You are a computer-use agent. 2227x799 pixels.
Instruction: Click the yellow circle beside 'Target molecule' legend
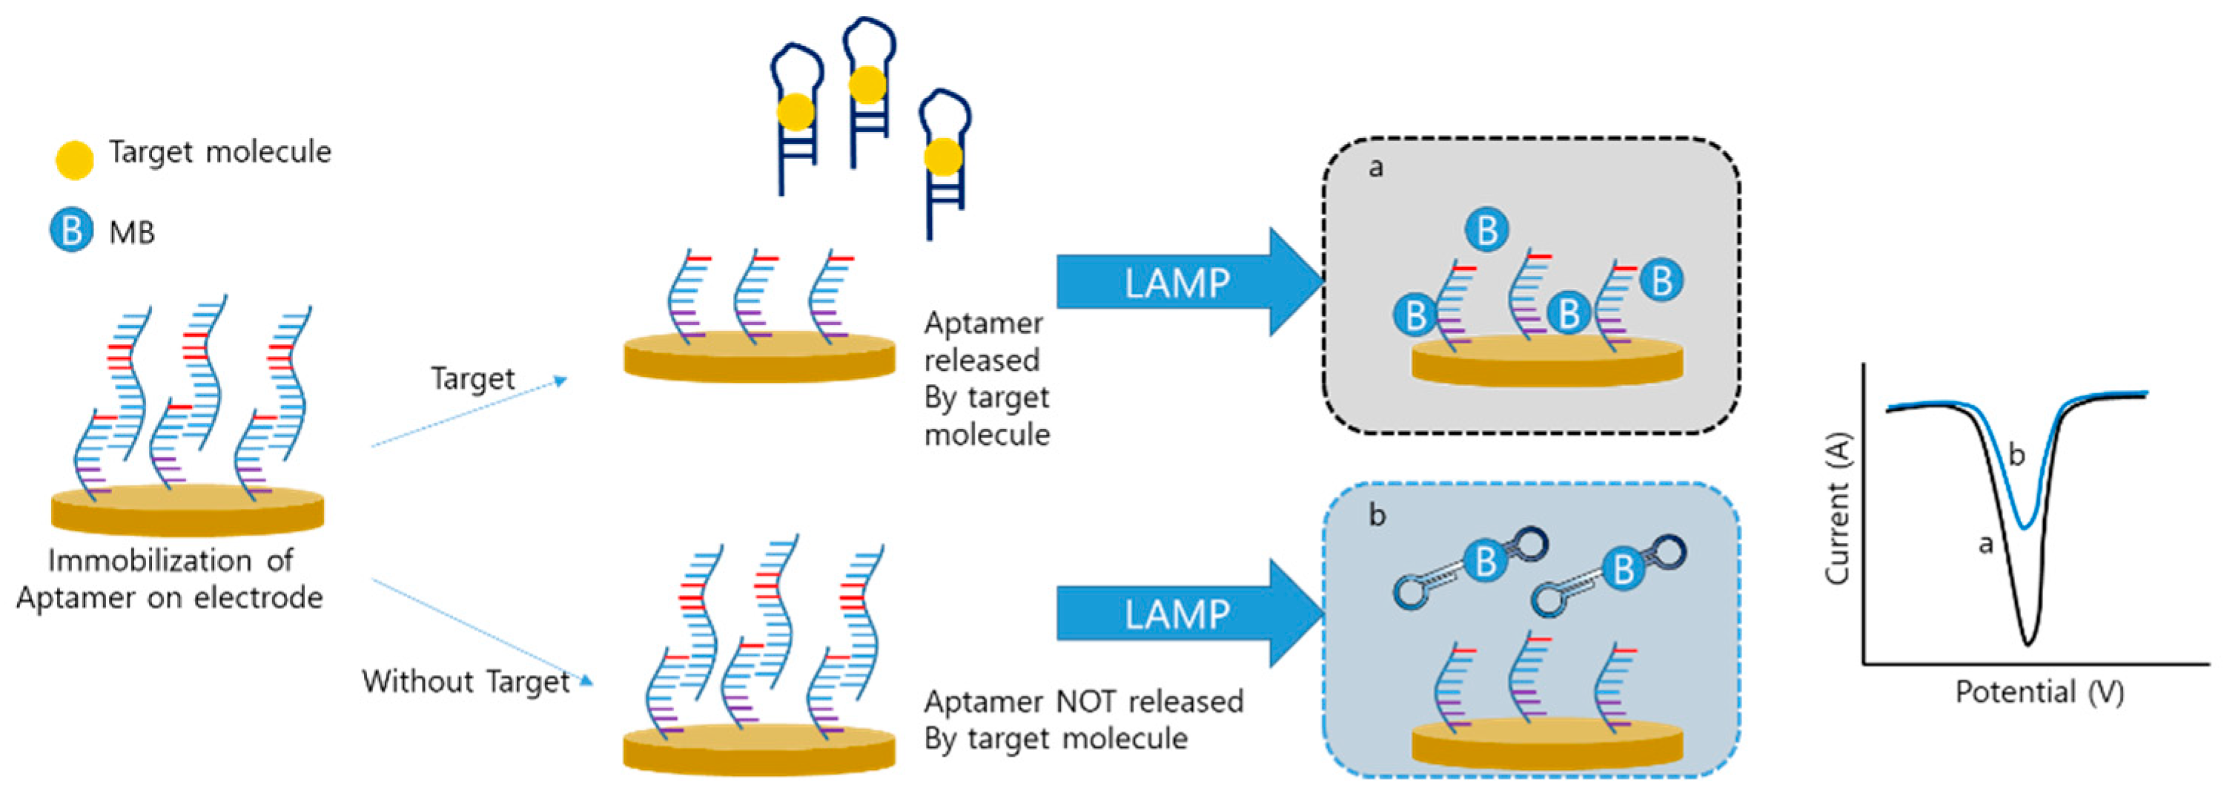74,160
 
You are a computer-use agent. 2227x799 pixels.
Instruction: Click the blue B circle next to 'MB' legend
71,231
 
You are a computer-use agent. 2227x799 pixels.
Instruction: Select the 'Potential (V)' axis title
2039,691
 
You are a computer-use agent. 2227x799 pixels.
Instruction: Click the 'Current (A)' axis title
1836,508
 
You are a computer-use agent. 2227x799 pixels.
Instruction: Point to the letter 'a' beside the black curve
1986,544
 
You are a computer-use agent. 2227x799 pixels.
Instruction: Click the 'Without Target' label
465,681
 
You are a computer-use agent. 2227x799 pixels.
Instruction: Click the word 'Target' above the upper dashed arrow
472,378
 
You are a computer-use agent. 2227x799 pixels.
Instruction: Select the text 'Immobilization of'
171,560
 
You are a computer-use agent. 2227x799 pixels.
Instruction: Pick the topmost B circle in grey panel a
1487,230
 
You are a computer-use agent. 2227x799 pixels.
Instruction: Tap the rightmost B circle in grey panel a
1661,280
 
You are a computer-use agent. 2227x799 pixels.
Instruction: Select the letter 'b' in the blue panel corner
1377,516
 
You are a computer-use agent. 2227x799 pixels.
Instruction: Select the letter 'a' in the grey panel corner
1375,167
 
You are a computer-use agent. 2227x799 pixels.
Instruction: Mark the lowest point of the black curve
2028,642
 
